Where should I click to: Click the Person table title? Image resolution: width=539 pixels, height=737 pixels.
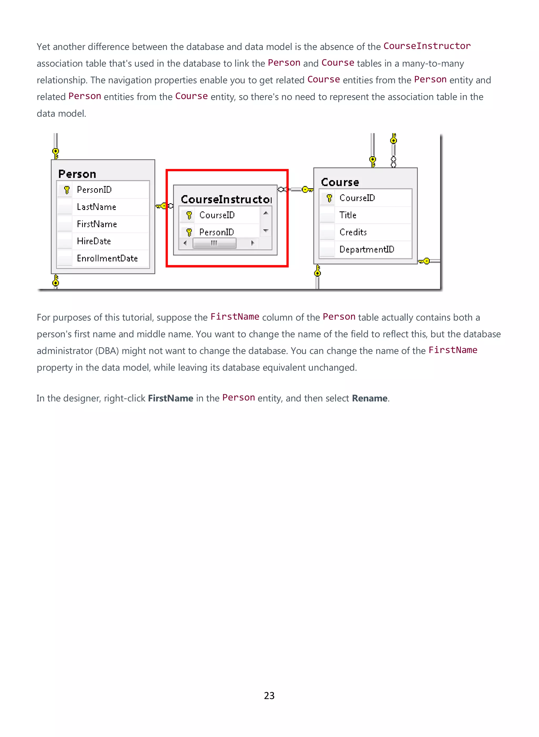77,174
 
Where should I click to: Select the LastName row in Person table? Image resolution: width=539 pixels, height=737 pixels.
97,207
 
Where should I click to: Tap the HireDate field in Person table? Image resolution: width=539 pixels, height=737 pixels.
94,241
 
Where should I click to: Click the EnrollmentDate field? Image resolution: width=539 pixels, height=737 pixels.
107,259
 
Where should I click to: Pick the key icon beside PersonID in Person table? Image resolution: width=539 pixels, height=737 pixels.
67,190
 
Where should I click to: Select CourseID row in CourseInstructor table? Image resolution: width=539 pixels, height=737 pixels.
217,215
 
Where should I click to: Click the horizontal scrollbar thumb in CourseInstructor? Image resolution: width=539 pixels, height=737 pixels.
214,243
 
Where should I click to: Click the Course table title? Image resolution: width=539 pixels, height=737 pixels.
340,182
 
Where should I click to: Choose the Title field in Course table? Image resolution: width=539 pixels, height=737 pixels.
348,215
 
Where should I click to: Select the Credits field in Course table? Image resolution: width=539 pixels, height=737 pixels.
353,232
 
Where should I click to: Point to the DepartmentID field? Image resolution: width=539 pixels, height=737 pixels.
367,249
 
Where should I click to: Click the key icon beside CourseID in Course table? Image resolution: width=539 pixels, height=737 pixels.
329,198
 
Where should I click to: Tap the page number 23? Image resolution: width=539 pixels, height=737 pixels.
269,696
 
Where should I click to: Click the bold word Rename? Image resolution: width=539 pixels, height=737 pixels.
369,398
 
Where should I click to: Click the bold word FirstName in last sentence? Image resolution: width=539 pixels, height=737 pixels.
171,398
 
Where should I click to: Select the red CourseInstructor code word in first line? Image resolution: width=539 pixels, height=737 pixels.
427,46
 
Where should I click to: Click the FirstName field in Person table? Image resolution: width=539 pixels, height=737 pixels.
97,224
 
